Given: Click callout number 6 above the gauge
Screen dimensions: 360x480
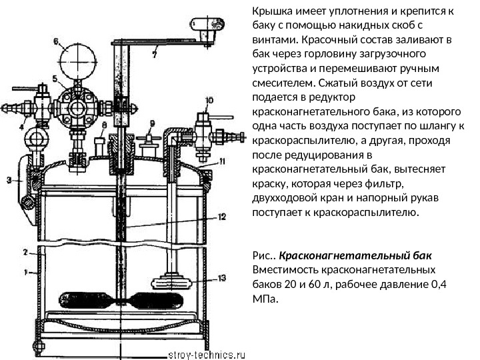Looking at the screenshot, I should click(x=55, y=40).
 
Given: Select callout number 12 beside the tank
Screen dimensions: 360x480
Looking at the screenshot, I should click(x=221, y=216).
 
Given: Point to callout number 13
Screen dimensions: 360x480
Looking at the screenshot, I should click(x=221, y=277).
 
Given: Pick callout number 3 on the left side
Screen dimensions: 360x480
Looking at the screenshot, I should click(x=9, y=179).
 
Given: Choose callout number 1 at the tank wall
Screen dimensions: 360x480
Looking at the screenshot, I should click(x=26, y=272).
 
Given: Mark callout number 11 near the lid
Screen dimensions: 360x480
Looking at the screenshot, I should click(x=222, y=161).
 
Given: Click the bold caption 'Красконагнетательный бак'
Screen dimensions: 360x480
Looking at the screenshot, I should click(x=355, y=256).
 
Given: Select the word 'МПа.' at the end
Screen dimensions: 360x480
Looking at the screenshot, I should click(x=263, y=298).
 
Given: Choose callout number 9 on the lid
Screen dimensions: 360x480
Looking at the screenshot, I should click(x=152, y=123).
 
